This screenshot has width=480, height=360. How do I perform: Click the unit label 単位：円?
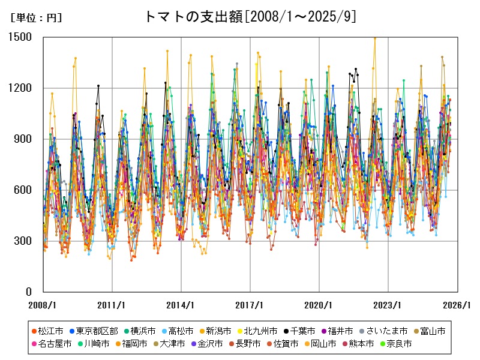point(36,18)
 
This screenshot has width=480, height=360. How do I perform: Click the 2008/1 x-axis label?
point(43,305)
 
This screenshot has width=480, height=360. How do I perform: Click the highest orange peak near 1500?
point(375,38)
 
